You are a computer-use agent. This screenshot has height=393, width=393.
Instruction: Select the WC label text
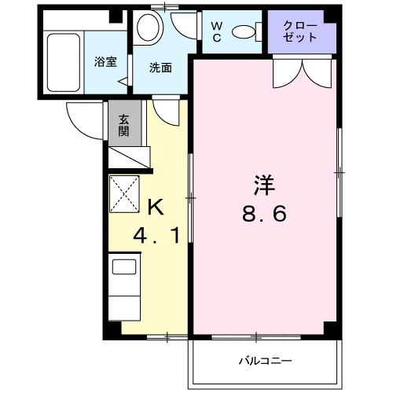(217, 31)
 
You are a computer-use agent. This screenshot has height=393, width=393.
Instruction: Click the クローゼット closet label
(302, 31)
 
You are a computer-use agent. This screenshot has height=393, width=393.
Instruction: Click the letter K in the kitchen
(156, 208)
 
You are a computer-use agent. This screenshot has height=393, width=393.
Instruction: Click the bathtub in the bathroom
(61, 61)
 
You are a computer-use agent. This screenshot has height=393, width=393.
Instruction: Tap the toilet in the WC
(247, 31)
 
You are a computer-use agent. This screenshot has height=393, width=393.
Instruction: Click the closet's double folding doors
(302, 72)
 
